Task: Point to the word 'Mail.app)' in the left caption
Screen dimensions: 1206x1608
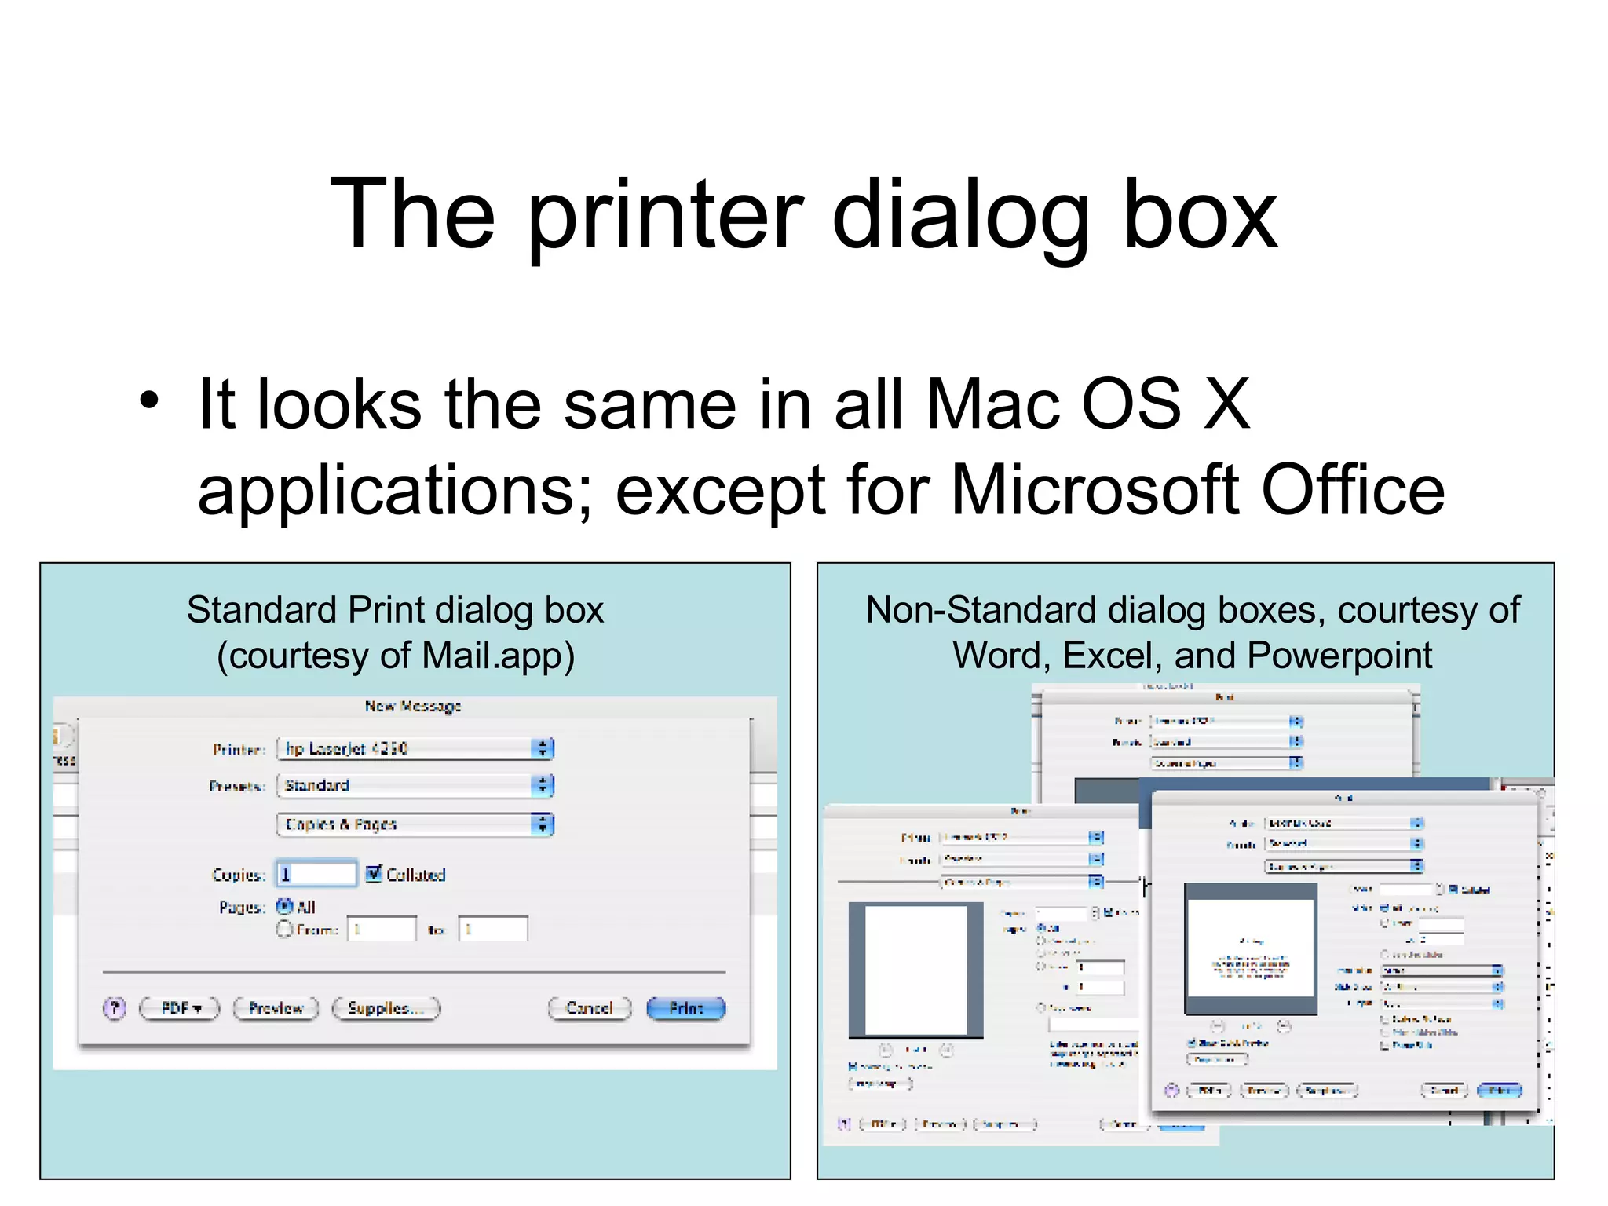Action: [x=498, y=656]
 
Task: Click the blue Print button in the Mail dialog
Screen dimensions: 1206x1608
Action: [x=685, y=1008]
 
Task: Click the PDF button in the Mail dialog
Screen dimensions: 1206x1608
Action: [x=180, y=1008]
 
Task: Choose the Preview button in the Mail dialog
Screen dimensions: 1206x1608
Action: [x=276, y=1008]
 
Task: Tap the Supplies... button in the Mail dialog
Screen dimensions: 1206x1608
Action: [x=386, y=1008]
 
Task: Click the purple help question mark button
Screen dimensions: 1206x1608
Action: [x=115, y=1008]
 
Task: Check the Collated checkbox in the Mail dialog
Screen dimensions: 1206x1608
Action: [x=374, y=873]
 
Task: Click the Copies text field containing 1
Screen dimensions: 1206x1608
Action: [x=316, y=874]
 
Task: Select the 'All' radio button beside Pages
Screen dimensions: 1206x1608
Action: [x=284, y=906]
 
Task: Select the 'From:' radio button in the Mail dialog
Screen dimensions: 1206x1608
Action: [x=284, y=930]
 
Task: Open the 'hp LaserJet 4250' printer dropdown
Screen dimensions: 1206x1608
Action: [x=415, y=748]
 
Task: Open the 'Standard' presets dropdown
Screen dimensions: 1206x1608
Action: [x=415, y=785]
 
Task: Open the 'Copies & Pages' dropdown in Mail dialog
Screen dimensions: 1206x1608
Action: [x=415, y=824]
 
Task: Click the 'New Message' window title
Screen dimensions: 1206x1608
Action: [x=413, y=706]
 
